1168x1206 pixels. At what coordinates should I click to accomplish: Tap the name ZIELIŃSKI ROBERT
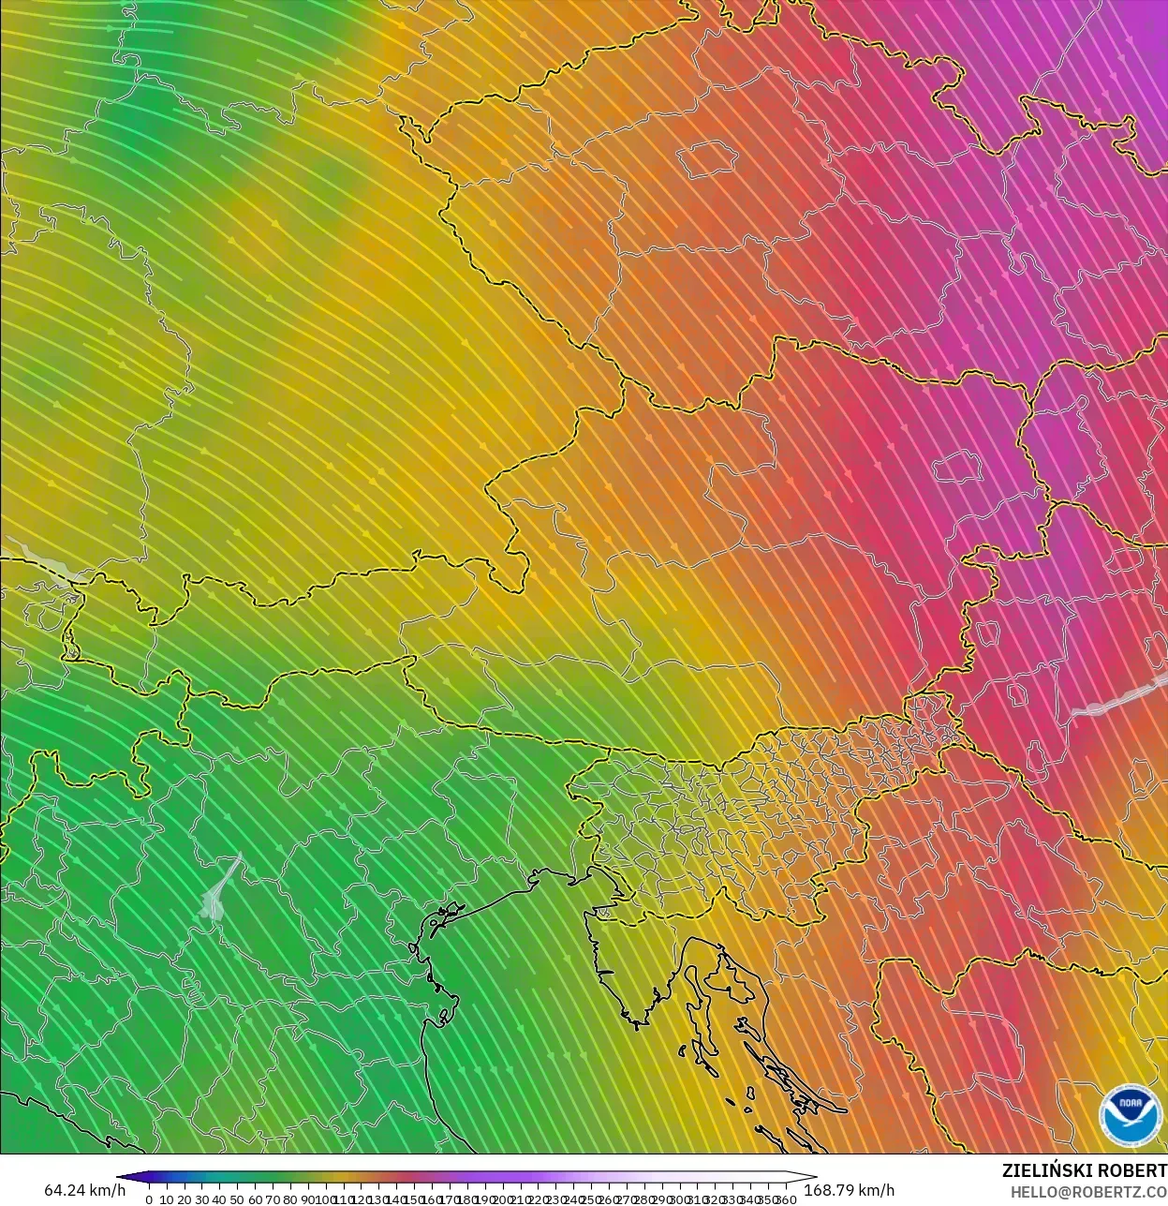[1084, 1170]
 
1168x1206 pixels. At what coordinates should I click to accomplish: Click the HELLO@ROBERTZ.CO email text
[1088, 1191]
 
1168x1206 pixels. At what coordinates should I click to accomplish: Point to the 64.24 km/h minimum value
[84, 1190]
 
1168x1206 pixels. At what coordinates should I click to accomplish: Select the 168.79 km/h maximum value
[850, 1190]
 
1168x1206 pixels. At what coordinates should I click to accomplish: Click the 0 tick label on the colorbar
[149, 1199]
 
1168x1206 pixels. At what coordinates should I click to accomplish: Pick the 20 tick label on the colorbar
[184, 1199]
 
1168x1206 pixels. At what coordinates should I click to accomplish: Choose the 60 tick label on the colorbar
[255, 1199]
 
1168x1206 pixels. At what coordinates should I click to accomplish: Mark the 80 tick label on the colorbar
[290, 1199]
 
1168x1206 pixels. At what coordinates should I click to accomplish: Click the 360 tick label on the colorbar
[787, 1199]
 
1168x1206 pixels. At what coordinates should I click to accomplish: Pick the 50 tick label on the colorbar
[237, 1199]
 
